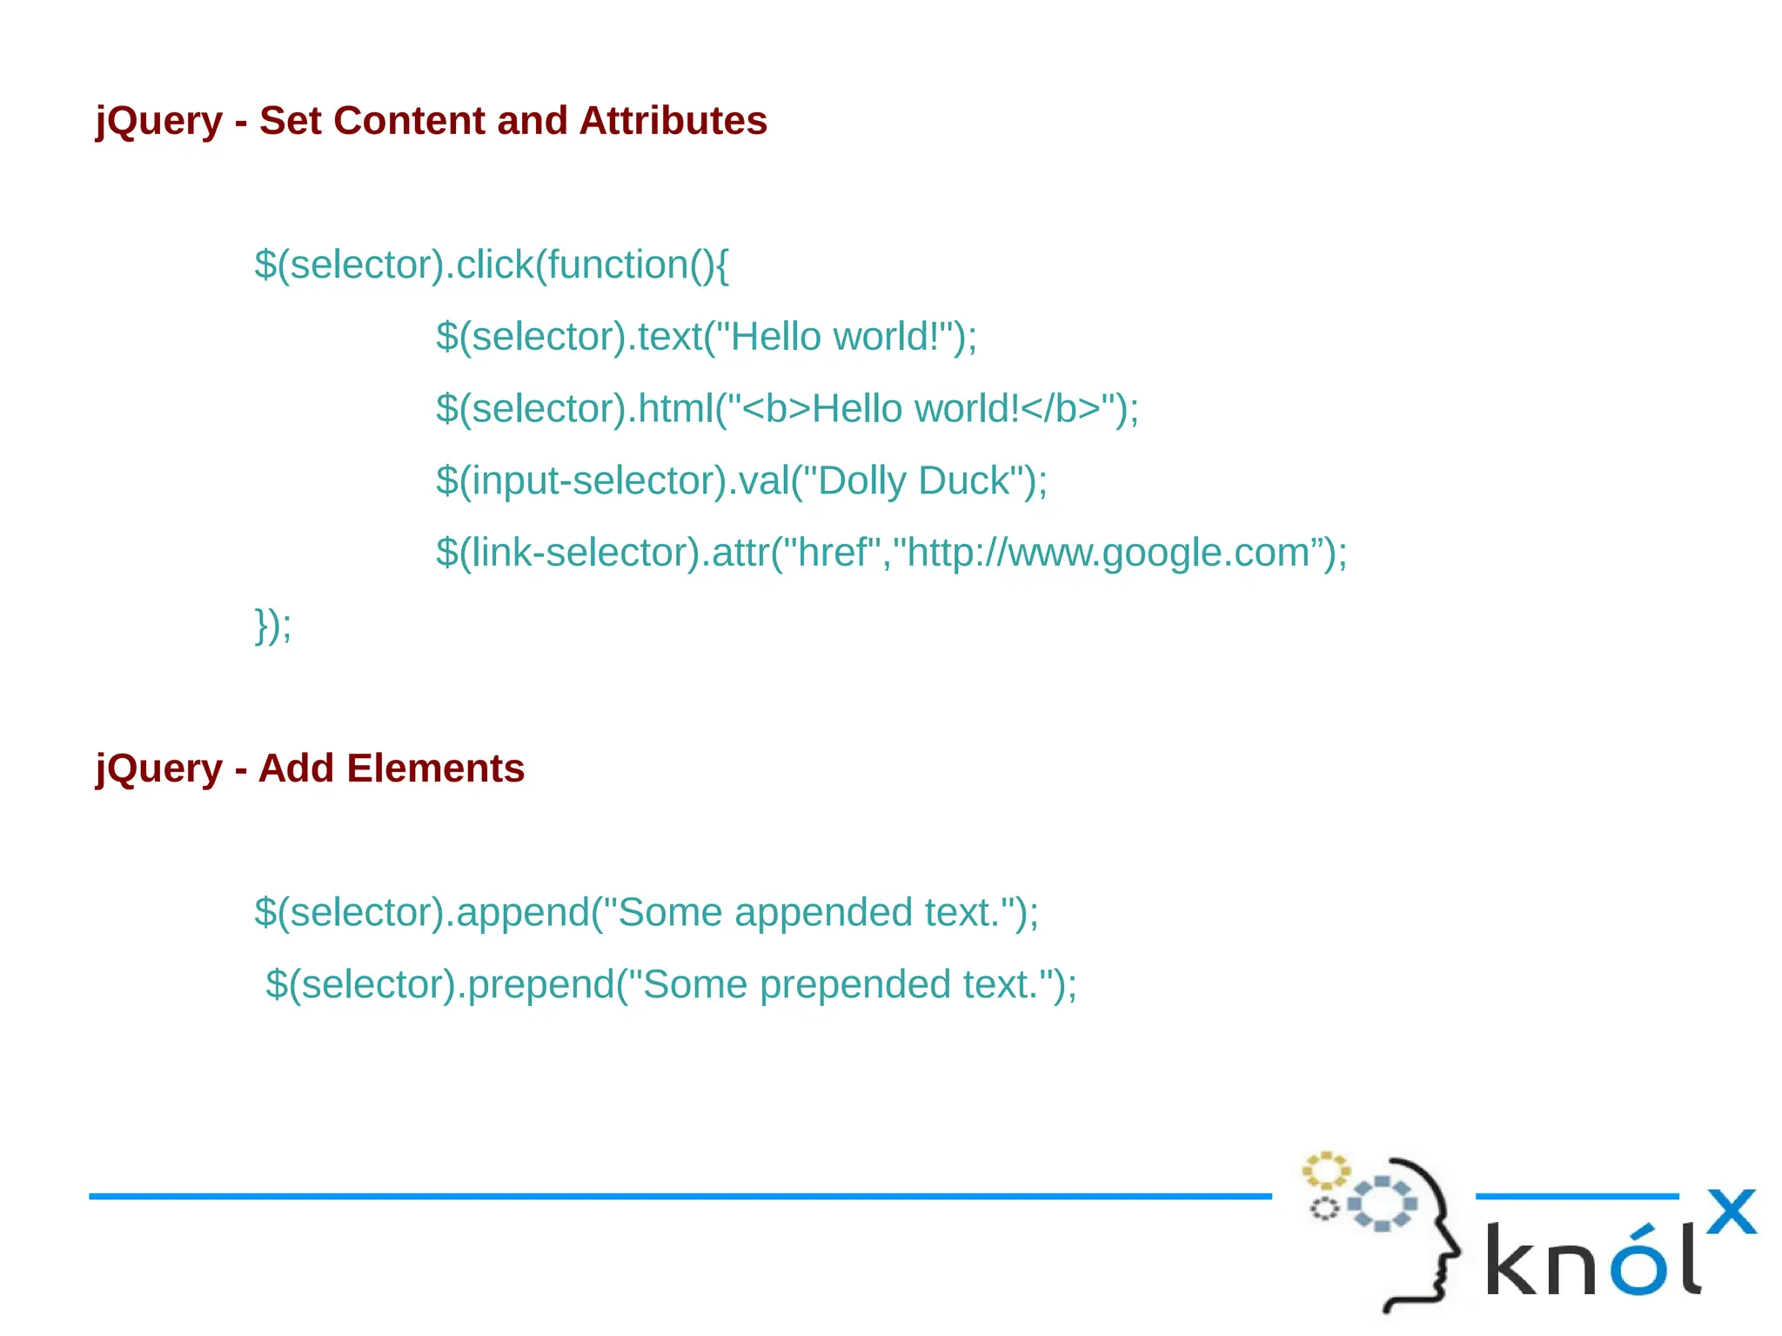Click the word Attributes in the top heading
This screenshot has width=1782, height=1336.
(x=673, y=121)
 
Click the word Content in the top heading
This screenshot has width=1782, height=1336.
(x=408, y=121)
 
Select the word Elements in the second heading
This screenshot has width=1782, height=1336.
(x=435, y=769)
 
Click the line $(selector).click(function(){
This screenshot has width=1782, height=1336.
(x=492, y=265)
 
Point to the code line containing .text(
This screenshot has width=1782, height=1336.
(x=707, y=337)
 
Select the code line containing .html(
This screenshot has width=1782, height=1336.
(x=787, y=409)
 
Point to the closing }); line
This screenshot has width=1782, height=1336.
(x=273, y=625)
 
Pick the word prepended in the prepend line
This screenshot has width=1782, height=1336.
(x=855, y=985)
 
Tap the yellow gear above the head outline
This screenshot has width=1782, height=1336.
(x=1325, y=1171)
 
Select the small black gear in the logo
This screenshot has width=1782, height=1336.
(x=1324, y=1209)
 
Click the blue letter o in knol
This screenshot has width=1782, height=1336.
(x=1638, y=1263)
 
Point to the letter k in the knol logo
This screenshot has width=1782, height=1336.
(x=1513, y=1259)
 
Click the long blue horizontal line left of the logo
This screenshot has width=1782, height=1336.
(x=679, y=1197)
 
